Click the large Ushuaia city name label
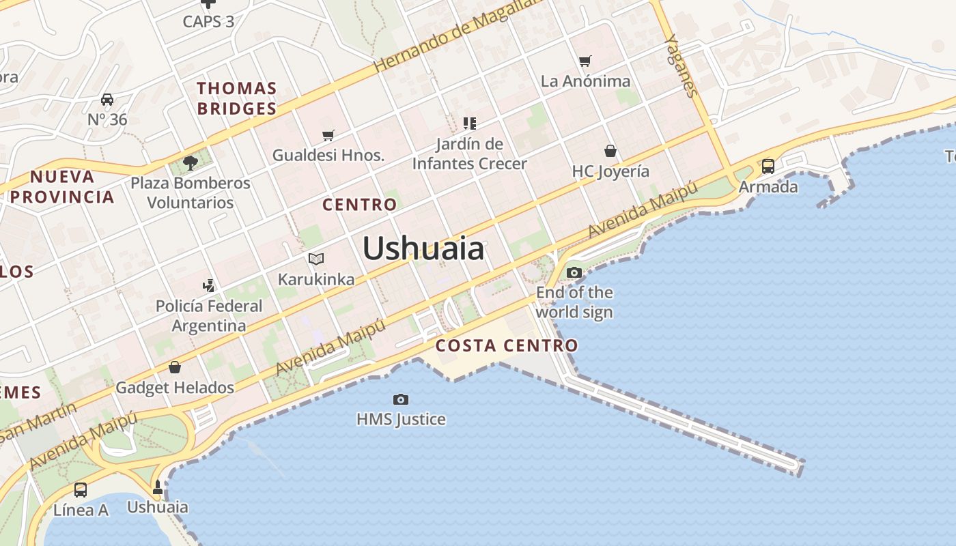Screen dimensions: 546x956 (423, 248)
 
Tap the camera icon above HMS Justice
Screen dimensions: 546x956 (401, 399)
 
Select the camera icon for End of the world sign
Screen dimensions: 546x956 (574, 273)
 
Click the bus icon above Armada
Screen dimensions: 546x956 (768, 166)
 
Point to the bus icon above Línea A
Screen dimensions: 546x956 (81, 489)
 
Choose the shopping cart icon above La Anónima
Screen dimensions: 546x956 (585, 61)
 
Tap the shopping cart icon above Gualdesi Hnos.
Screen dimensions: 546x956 (328, 135)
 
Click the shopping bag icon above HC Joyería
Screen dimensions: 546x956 (610, 151)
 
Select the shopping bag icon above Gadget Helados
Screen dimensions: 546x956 (175, 367)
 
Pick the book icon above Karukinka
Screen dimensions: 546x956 (315, 259)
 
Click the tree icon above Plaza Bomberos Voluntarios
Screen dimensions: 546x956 (191, 162)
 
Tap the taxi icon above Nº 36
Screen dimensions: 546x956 (107, 100)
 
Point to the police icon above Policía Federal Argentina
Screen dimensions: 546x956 (209, 285)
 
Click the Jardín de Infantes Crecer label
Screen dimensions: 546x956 (470, 154)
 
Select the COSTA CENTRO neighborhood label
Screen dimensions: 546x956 (507, 345)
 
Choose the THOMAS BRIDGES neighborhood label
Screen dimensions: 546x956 (237, 98)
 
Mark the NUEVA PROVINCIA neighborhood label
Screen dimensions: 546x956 (63, 187)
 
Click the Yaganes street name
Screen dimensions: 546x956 (681, 66)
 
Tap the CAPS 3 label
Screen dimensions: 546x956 (208, 22)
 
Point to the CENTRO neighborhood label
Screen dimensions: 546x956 (359, 205)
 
